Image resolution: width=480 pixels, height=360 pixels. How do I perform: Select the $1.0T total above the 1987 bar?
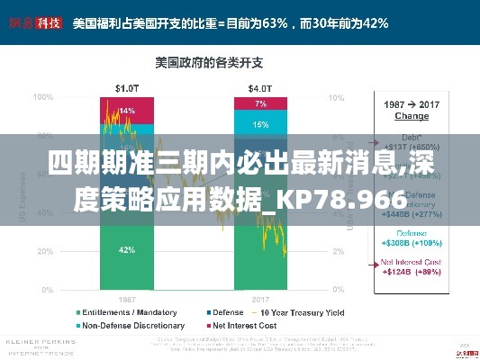click(126, 88)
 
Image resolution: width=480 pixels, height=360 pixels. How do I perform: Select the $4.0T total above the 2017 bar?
click(260, 88)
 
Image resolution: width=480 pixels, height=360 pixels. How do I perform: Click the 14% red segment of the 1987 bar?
click(127, 111)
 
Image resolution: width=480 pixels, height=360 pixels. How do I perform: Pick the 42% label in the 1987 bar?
click(127, 249)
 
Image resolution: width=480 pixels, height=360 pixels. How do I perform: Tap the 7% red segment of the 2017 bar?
click(260, 103)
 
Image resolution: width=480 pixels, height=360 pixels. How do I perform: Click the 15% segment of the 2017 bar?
click(260, 125)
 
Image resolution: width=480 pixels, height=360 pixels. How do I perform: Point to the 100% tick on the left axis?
click(42, 96)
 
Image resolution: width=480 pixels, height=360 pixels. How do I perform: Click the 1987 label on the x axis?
click(126, 298)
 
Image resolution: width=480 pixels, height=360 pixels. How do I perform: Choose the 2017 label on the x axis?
click(260, 298)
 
